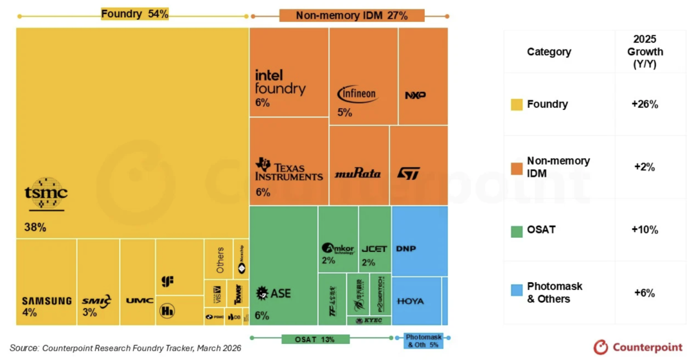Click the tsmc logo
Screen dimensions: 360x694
pyautogui.click(x=46, y=194)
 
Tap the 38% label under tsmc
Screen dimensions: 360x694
pyautogui.click(x=35, y=227)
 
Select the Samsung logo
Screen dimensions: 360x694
pyautogui.click(x=46, y=301)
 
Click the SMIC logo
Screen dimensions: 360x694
pyautogui.click(x=96, y=300)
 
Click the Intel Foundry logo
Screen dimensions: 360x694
pyautogui.click(x=280, y=82)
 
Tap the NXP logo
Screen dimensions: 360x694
pyautogui.click(x=415, y=95)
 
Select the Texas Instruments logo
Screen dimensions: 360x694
pyautogui.click(x=289, y=169)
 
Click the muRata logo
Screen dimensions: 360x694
pyautogui.click(x=357, y=174)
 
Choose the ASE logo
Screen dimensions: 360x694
pyautogui.click(x=274, y=293)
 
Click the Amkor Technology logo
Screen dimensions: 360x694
pyautogui.click(x=338, y=249)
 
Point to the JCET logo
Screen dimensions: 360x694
pyautogui.click(x=374, y=249)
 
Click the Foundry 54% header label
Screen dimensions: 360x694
pyautogui.click(x=134, y=14)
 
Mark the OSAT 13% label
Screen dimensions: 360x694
pyautogui.click(x=315, y=339)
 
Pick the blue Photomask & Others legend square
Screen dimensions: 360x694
pyautogui.click(x=517, y=291)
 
